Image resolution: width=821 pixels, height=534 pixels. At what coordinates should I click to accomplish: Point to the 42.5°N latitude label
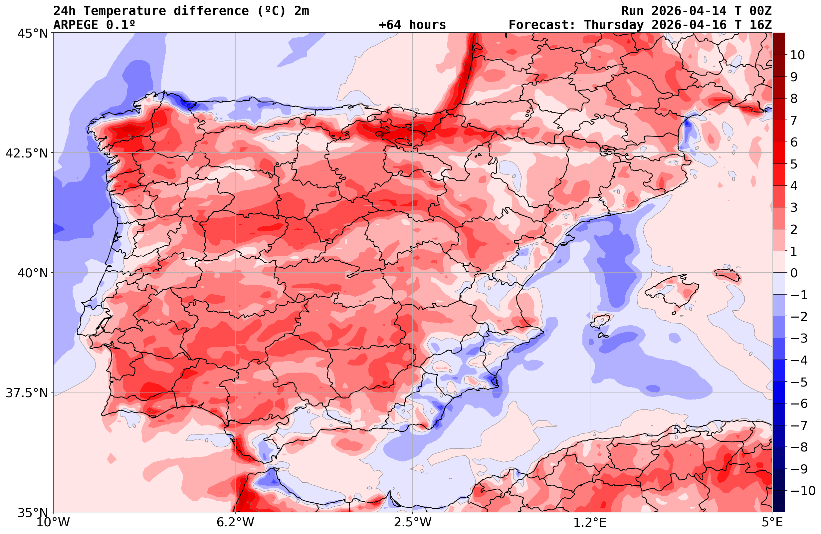27,153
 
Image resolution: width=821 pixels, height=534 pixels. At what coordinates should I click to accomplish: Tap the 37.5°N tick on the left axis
27,393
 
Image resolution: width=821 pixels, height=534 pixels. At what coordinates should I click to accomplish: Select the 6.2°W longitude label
235,522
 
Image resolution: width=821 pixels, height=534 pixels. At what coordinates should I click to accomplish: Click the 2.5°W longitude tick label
413,522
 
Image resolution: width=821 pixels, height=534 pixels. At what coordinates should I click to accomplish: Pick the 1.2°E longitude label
590,522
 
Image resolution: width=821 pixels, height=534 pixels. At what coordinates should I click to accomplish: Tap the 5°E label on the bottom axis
772,522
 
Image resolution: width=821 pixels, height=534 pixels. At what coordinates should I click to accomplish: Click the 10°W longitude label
53,522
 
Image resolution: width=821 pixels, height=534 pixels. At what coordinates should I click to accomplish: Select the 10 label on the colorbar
797,55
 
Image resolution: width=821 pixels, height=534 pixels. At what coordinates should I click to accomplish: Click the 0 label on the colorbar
794,273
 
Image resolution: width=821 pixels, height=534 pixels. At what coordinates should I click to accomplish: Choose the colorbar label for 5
794,164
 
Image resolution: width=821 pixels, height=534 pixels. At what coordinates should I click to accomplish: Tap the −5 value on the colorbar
798,382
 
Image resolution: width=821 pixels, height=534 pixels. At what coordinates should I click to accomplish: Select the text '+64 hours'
412,25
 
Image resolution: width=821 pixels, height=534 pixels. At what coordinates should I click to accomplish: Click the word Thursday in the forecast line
614,25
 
